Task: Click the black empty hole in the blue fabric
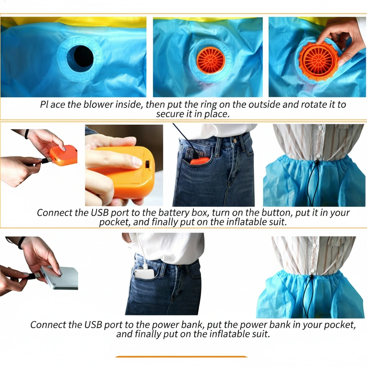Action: tap(80, 58)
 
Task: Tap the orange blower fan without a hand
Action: tap(210, 60)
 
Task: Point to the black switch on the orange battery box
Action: tap(147, 164)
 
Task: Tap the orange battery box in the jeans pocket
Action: tap(199, 161)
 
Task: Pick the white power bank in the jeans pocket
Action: tap(144, 273)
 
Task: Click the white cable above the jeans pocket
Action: tap(142, 251)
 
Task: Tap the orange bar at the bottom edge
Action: tap(181, 357)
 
